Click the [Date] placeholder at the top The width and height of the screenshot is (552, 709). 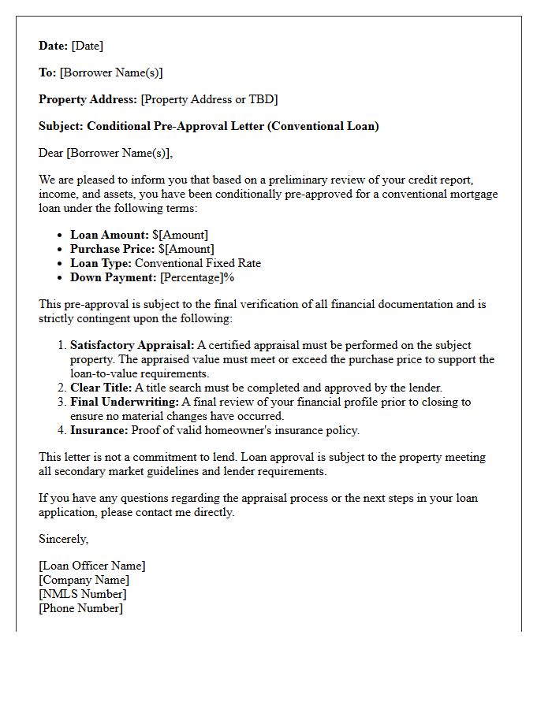tap(88, 46)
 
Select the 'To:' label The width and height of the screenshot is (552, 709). tap(47, 72)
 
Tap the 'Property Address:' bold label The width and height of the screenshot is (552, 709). tap(88, 99)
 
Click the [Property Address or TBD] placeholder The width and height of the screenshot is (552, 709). tap(209, 99)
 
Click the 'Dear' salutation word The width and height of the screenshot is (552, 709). tap(50, 153)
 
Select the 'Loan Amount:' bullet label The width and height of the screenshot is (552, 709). tap(110, 235)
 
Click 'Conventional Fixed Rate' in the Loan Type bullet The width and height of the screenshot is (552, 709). tap(197, 263)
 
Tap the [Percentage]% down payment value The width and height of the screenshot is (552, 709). tap(197, 277)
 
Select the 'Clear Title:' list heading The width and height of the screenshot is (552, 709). tap(102, 388)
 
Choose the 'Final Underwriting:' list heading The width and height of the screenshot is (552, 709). tap(124, 402)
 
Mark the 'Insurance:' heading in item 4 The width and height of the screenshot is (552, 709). tap(99, 430)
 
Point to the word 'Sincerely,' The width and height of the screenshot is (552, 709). tap(64, 539)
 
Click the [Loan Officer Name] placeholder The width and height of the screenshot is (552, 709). tap(92, 566)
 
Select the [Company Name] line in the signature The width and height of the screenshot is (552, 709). tap(84, 580)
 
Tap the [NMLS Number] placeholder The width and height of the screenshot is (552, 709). tap(82, 594)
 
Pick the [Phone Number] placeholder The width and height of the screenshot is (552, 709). tap(80, 608)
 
